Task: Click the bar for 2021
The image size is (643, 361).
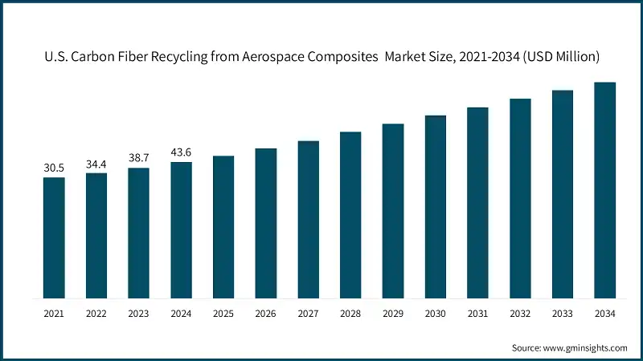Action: tap(54, 237)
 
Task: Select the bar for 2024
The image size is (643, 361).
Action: tap(181, 229)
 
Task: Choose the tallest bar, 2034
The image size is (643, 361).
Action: tap(604, 189)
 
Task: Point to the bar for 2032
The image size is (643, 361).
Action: tap(520, 197)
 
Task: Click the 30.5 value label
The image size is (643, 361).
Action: tap(54, 168)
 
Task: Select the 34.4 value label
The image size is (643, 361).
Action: tap(96, 164)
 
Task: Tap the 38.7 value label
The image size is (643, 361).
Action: tap(139, 159)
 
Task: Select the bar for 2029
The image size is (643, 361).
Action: tap(392, 210)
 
